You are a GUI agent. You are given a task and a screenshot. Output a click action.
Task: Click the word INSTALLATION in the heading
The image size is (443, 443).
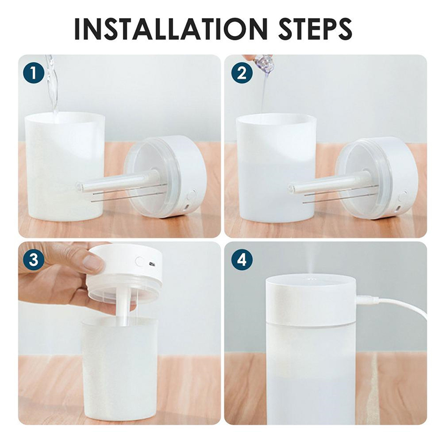(171, 29)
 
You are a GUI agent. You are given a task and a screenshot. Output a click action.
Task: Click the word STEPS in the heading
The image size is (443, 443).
(315, 29)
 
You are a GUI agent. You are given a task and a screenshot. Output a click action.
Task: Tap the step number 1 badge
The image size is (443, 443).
(34, 73)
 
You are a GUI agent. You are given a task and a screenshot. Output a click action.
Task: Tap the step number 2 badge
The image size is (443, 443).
(242, 73)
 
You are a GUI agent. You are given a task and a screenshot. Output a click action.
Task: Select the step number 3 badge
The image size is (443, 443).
(34, 259)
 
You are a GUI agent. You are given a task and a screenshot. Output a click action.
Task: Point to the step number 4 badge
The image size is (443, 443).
(242, 259)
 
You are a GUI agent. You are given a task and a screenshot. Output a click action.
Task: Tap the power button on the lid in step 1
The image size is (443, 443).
(192, 195)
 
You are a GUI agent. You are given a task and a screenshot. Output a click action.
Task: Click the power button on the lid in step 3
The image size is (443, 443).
(140, 261)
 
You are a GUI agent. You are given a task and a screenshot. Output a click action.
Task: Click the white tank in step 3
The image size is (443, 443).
(119, 370)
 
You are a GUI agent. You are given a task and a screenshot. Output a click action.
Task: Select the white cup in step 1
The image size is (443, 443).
(64, 167)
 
